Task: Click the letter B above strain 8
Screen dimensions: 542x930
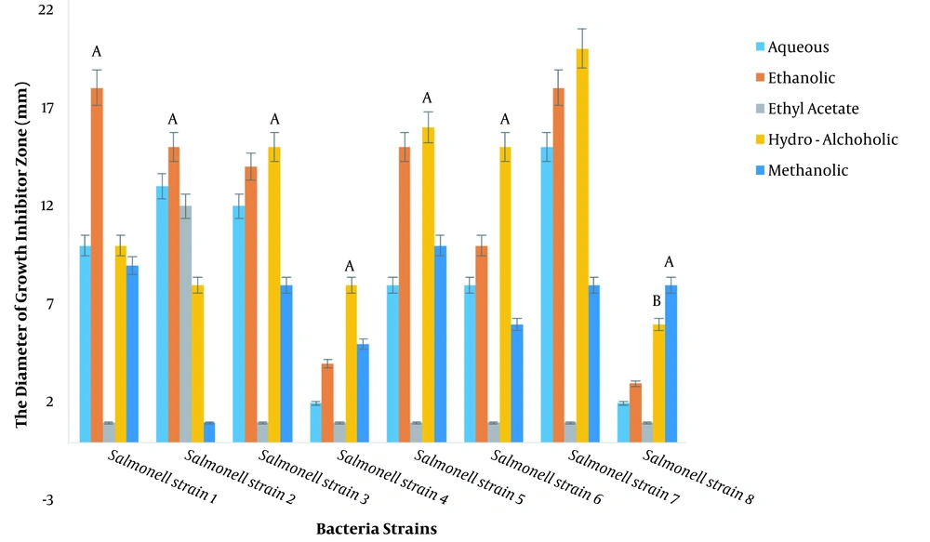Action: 657,301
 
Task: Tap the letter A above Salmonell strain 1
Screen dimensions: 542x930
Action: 96,52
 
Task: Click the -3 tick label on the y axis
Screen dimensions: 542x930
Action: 46,499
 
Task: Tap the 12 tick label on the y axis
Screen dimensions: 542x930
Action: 46,205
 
